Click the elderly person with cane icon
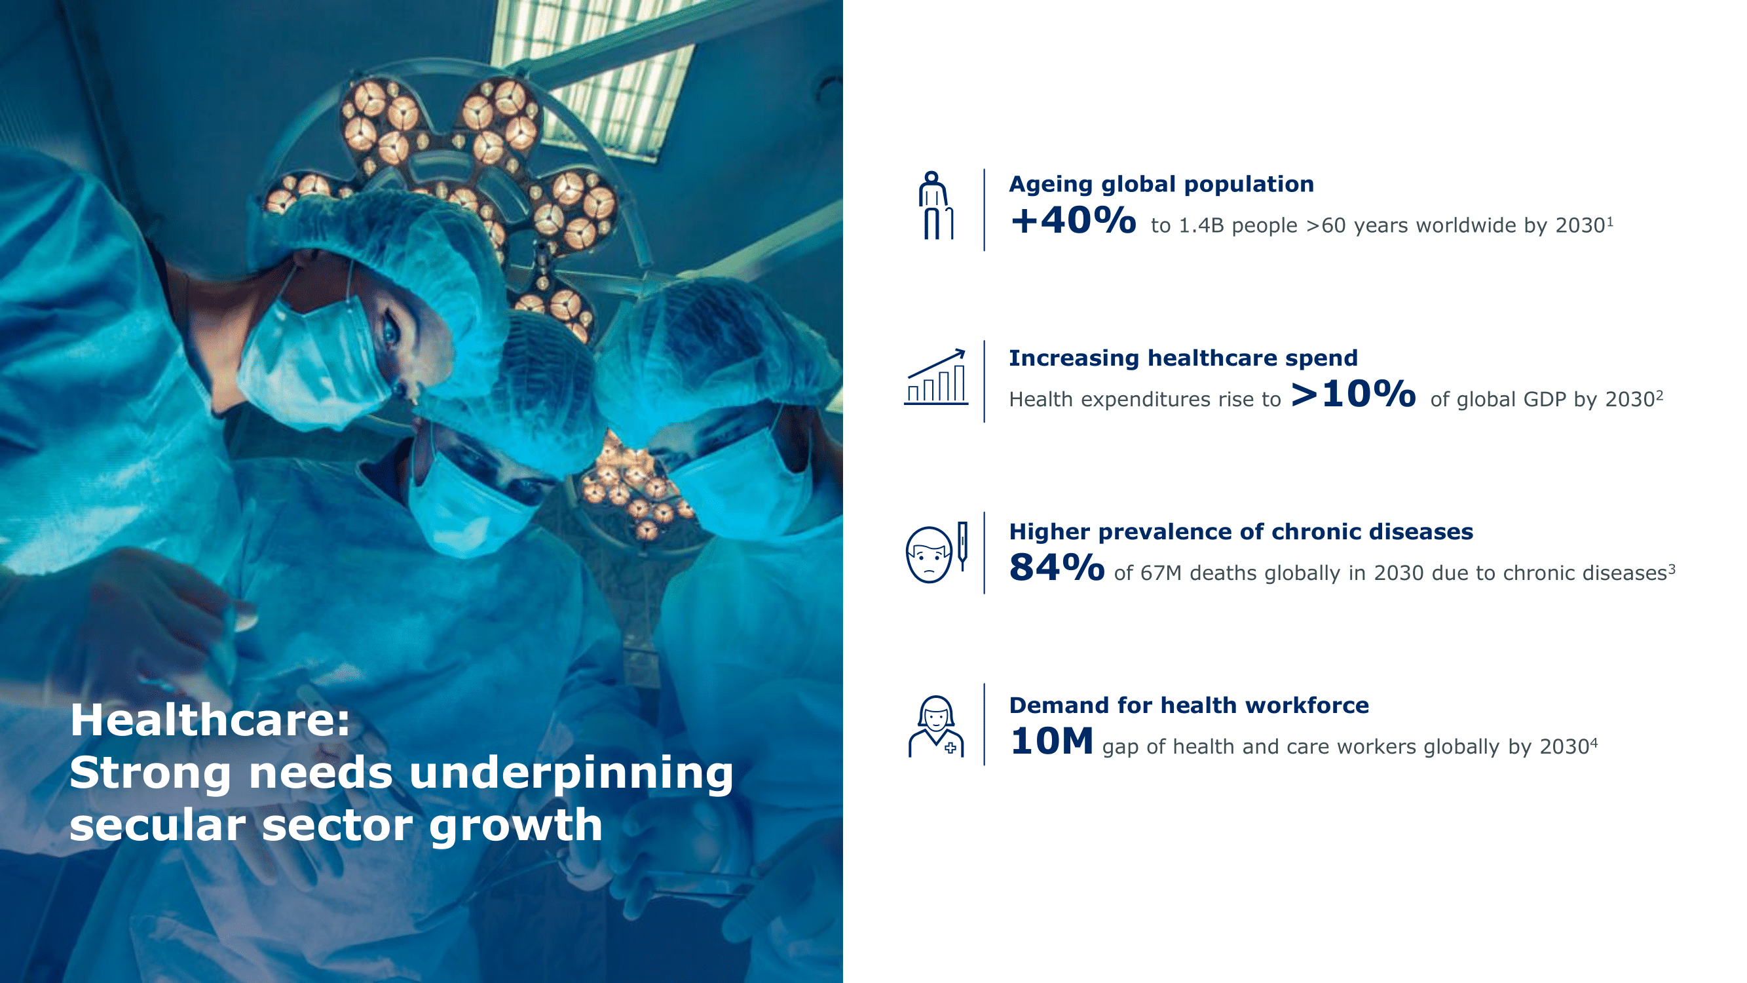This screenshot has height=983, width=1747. (936, 206)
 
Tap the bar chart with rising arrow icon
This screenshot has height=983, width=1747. (936, 377)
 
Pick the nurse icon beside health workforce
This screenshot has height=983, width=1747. (936, 727)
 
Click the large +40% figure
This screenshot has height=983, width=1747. (1073, 220)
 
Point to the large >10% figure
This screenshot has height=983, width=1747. (1354, 394)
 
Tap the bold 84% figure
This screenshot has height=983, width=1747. (1057, 568)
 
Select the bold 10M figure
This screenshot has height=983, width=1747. (1051, 741)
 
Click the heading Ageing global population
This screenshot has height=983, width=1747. (1161, 185)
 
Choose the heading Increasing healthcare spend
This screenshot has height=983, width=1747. (1184, 358)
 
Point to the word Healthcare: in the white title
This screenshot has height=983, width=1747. (210, 720)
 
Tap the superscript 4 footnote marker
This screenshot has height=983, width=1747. (1594, 743)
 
